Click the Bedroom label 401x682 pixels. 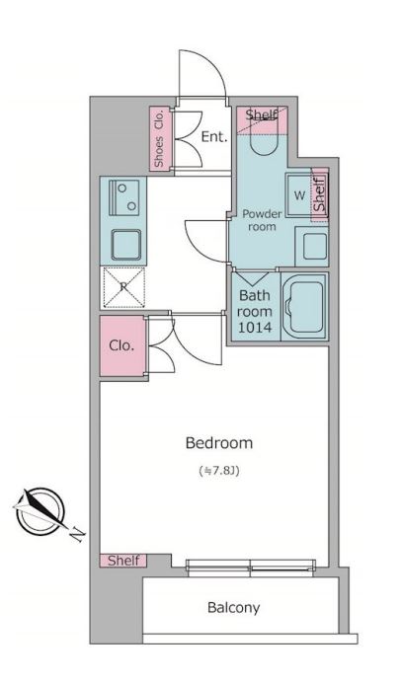(x=219, y=443)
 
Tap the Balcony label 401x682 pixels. (x=233, y=608)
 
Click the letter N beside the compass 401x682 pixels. (x=77, y=535)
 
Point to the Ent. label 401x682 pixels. (x=214, y=137)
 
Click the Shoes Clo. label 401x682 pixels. (x=159, y=138)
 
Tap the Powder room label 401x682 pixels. (x=262, y=220)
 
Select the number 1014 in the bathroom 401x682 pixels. (x=255, y=328)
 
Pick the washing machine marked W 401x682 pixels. (x=299, y=194)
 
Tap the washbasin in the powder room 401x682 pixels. (x=312, y=246)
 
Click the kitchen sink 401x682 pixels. (x=126, y=245)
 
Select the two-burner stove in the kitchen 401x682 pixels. (x=124, y=197)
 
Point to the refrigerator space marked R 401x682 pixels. (x=123, y=287)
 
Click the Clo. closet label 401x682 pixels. (x=121, y=346)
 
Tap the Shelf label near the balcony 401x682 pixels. (x=123, y=561)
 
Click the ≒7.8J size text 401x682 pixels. (x=219, y=471)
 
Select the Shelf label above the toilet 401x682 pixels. (x=261, y=114)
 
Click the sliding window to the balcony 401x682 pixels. (x=250, y=568)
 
